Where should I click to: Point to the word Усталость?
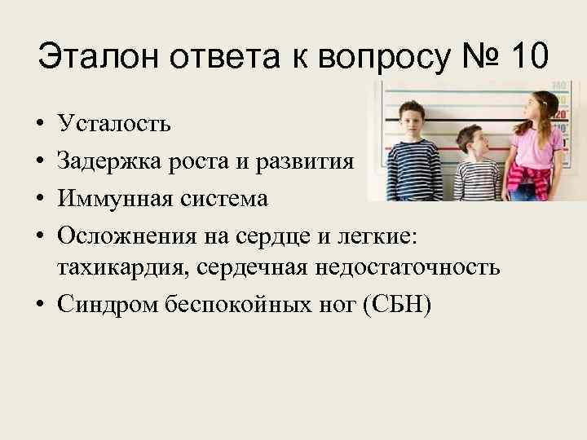(113, 124)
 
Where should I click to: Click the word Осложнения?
(124, 235)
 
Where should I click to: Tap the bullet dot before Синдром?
(40, 305)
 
